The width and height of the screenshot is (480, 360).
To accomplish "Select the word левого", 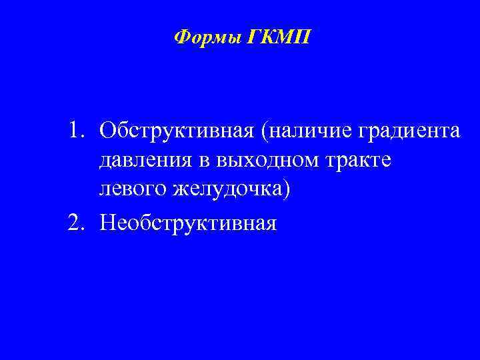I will [x=129, y=193].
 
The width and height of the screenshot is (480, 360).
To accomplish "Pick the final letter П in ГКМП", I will [x=302, y=36].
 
